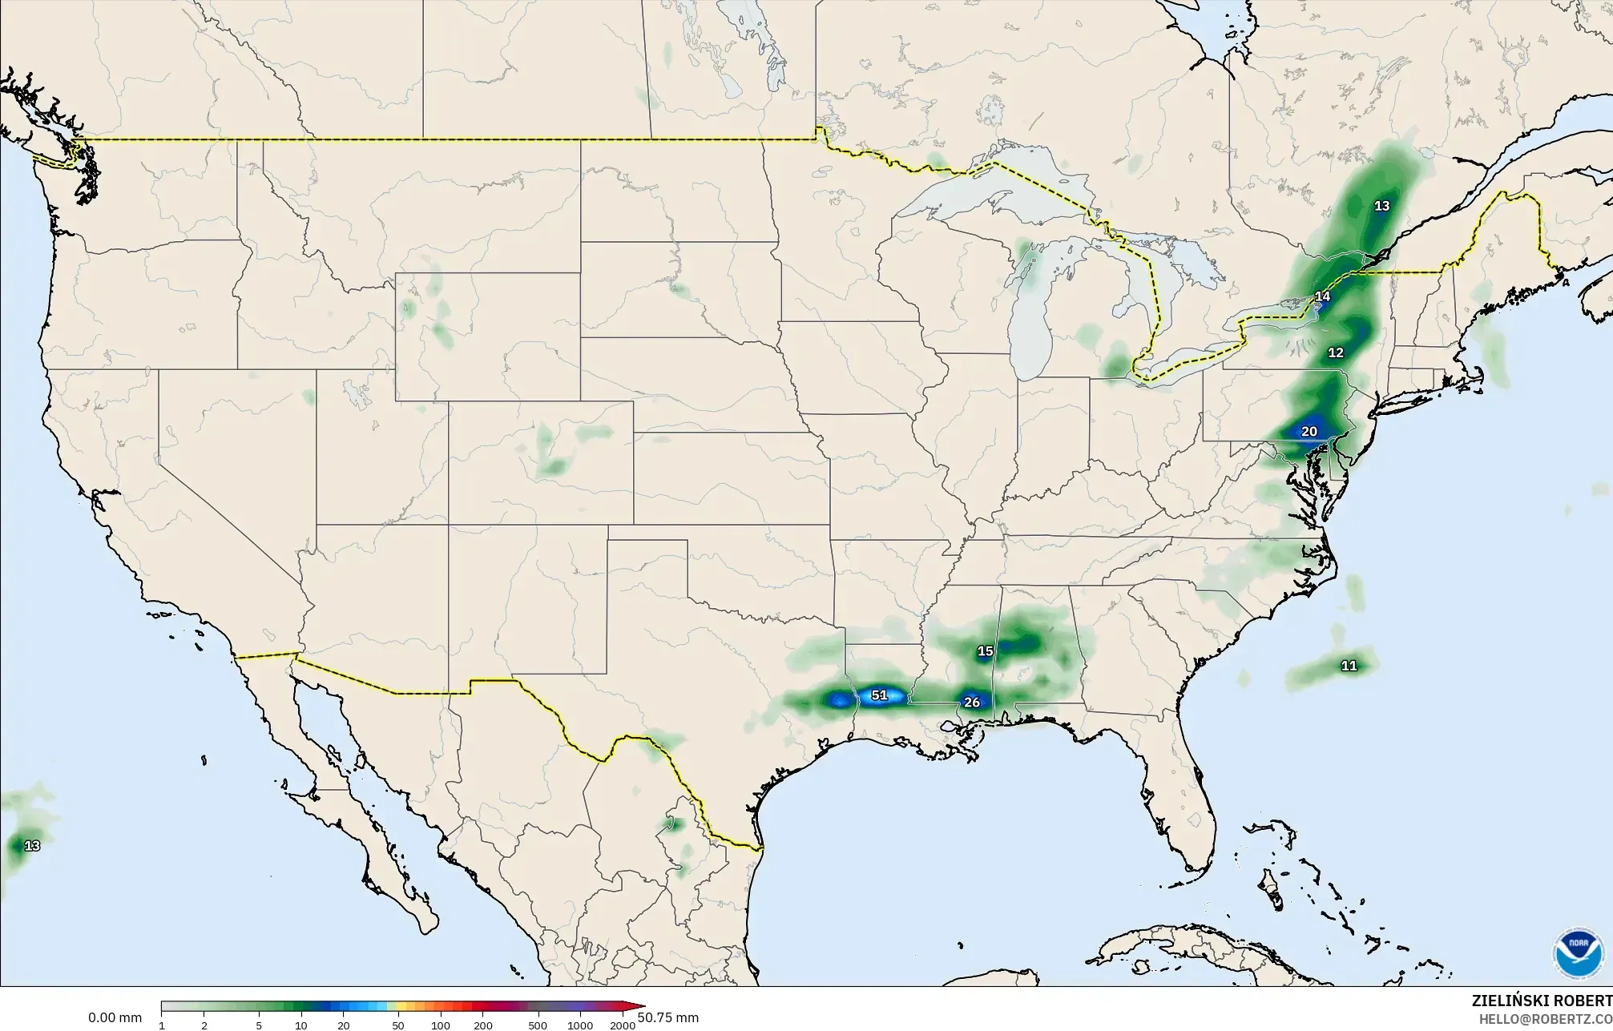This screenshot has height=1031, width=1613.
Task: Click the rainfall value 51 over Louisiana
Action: [880, 695]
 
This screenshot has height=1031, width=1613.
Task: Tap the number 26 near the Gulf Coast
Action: [972, 703]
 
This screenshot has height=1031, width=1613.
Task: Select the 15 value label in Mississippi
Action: [986, 651]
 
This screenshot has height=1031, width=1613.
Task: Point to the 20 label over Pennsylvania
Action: [1309, 432]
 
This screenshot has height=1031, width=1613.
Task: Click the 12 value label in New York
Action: [1336, 352]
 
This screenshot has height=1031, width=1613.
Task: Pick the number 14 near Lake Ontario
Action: [1322, 296]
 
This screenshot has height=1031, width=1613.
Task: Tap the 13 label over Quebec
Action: [1382, 206]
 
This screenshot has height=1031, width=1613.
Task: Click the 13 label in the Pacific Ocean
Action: [32, 846]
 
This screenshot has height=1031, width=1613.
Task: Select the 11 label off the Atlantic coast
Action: [1349, 666]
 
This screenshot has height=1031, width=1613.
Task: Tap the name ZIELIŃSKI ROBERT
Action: [1542, 1001]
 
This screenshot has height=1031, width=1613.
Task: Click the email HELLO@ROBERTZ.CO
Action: [1545, 1019]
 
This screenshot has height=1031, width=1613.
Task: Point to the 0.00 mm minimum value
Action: [115, 1018]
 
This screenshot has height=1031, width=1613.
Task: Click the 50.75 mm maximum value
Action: [668, 1018]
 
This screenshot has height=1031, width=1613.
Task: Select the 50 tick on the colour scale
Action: [398, 1025]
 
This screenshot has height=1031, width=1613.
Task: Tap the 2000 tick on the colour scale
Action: [623, 1025]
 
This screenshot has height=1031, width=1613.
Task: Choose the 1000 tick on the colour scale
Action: [580, 1025]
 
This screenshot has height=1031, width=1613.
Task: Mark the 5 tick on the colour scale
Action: [259, 1025]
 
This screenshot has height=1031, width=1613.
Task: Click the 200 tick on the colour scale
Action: [482, 1025]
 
